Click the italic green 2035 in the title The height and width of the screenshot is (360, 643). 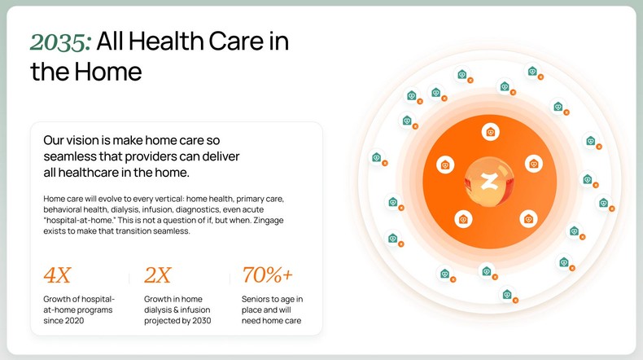59,42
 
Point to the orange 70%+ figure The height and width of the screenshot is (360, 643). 268,274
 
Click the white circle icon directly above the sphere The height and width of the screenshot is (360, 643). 490,131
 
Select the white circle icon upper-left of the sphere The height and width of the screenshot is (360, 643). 445,165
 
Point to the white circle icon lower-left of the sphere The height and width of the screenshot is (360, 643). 462,217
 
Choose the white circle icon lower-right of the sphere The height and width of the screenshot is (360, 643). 528,217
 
